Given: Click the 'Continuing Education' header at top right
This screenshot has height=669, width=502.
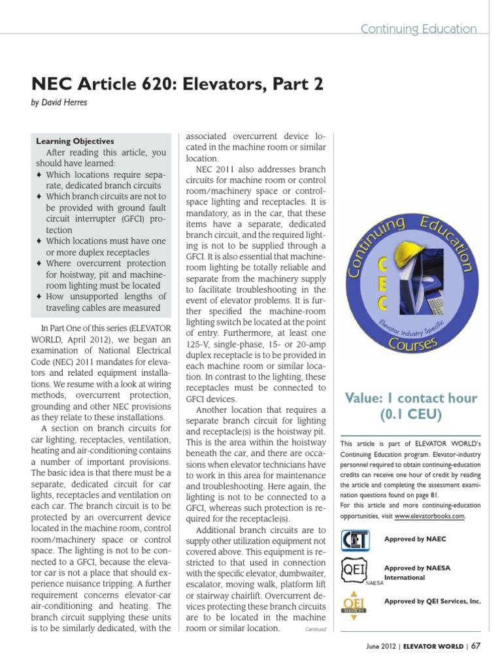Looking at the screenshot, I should [x=419, y=29].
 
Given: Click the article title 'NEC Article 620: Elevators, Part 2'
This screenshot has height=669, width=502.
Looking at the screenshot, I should [x=176, y=85].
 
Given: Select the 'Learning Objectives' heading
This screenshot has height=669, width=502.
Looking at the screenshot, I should [x=75, y=141].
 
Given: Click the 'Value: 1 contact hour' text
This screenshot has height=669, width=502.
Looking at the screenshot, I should [x=410, y=398].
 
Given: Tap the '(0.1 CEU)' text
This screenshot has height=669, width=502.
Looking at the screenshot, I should [x=410, y=414].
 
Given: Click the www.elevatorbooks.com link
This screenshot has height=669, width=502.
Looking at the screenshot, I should [x=429, y=516].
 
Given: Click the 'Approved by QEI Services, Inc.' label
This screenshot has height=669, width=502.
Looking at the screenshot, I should [x=433, y=600].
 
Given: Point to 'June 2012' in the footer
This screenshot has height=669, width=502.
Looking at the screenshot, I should [x=381, y=647].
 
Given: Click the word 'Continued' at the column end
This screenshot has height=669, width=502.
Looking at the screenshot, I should [x=315, y=629].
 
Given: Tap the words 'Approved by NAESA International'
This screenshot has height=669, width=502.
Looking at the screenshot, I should [x=418, y=573].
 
